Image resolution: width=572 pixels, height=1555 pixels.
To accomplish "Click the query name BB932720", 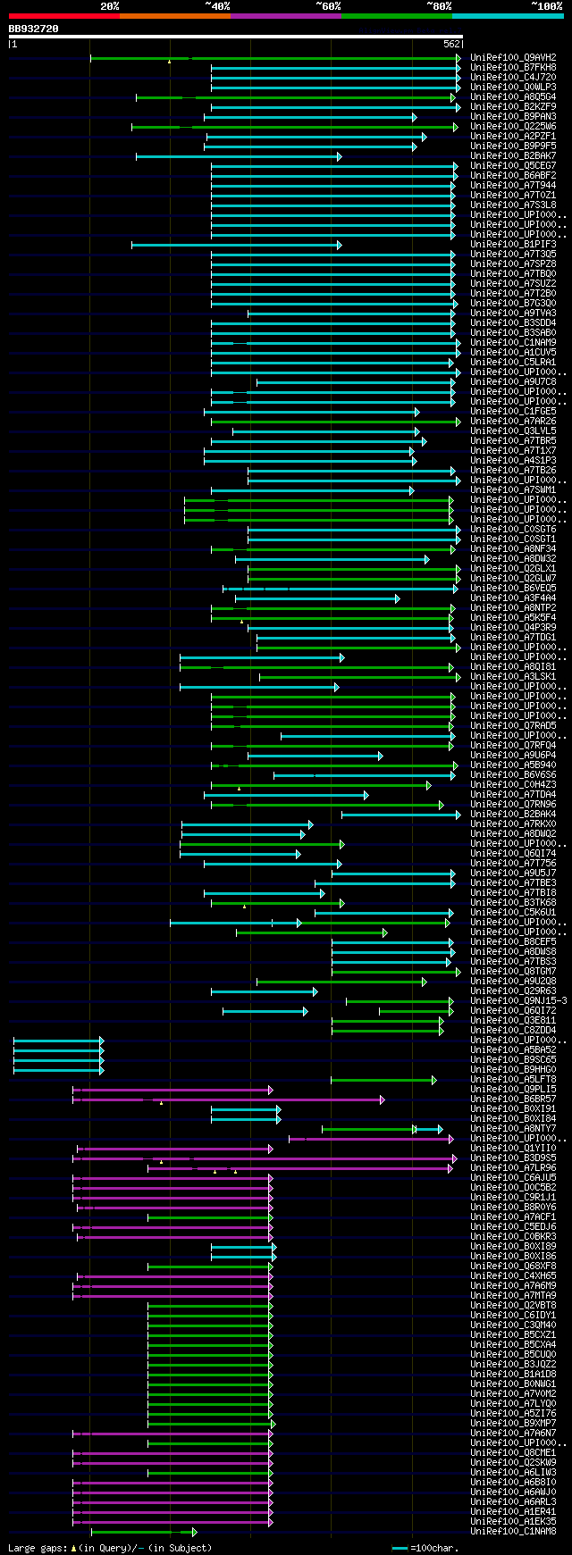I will (33, 29).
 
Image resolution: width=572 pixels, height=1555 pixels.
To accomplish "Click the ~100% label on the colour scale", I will (546, 6).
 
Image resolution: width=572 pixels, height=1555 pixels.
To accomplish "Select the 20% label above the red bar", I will (110, 6).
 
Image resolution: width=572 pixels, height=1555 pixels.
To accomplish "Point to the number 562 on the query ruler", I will (451, 44).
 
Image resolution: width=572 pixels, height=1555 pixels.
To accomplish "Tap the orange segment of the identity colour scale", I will (174, 16).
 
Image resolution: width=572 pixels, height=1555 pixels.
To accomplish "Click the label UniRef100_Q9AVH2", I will (513, 58).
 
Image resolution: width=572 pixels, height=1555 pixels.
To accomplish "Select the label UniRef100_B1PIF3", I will (513, 245).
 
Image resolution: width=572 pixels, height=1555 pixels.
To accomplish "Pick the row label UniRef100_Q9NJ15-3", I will (518, 1001).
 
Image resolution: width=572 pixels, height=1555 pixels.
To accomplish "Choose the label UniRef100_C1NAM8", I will (513, 1532).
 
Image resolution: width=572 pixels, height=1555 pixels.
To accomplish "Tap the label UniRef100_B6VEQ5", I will (513, 589).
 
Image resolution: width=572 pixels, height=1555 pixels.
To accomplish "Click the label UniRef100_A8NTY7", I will (513, 1129).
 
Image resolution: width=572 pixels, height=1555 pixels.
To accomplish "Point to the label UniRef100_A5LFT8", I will (513, 1080).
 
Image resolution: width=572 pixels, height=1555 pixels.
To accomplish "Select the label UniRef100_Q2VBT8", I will (513, 1306).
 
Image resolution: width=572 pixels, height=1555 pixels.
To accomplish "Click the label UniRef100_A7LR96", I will (513, 1168).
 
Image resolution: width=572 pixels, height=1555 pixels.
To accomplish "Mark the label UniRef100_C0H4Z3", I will (513, 785).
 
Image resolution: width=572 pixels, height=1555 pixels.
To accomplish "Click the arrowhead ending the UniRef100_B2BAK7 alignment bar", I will (340, 156).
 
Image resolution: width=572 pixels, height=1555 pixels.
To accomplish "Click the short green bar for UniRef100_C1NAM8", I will (143, 1532).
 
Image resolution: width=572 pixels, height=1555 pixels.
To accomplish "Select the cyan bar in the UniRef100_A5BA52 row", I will (58, 1050).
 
